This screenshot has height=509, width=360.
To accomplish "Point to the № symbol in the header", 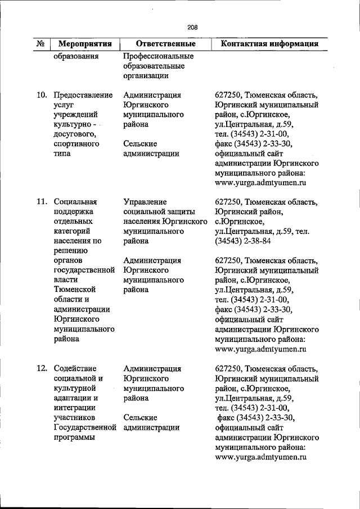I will coord(40,44).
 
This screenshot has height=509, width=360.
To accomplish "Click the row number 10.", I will coord(41,95).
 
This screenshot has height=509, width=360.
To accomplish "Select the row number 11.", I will coord(41,202).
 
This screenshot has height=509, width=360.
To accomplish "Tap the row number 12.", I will coord(41,368).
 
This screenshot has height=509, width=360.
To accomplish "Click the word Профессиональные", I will coord(158,56).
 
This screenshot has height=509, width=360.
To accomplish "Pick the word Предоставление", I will coord(83,95).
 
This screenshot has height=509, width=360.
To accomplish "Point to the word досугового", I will coord(73,134).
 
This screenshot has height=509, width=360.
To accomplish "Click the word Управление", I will coord(146,202).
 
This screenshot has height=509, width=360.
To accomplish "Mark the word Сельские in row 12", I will coord(140,417).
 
